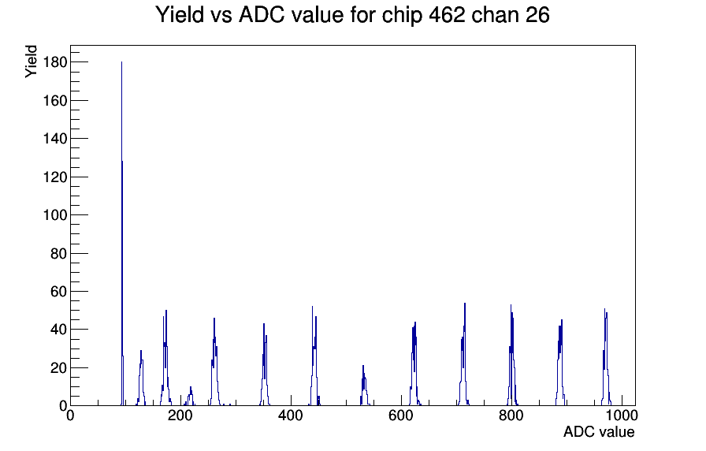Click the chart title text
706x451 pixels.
(x=352, y=15)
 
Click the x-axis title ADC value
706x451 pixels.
(x=598, y=432)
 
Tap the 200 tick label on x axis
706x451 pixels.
(x=180, y=416)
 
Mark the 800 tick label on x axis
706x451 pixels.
(x=511, y=416)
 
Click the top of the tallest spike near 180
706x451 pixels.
(x=121, y=62)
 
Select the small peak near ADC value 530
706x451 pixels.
(x=363, y=367)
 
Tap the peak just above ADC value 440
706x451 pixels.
(x=313, y=307)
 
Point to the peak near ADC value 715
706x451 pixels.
(x=465, y=304)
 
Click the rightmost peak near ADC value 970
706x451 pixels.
(x=605, y=310)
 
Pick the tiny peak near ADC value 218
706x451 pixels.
(x=191, y=387)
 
